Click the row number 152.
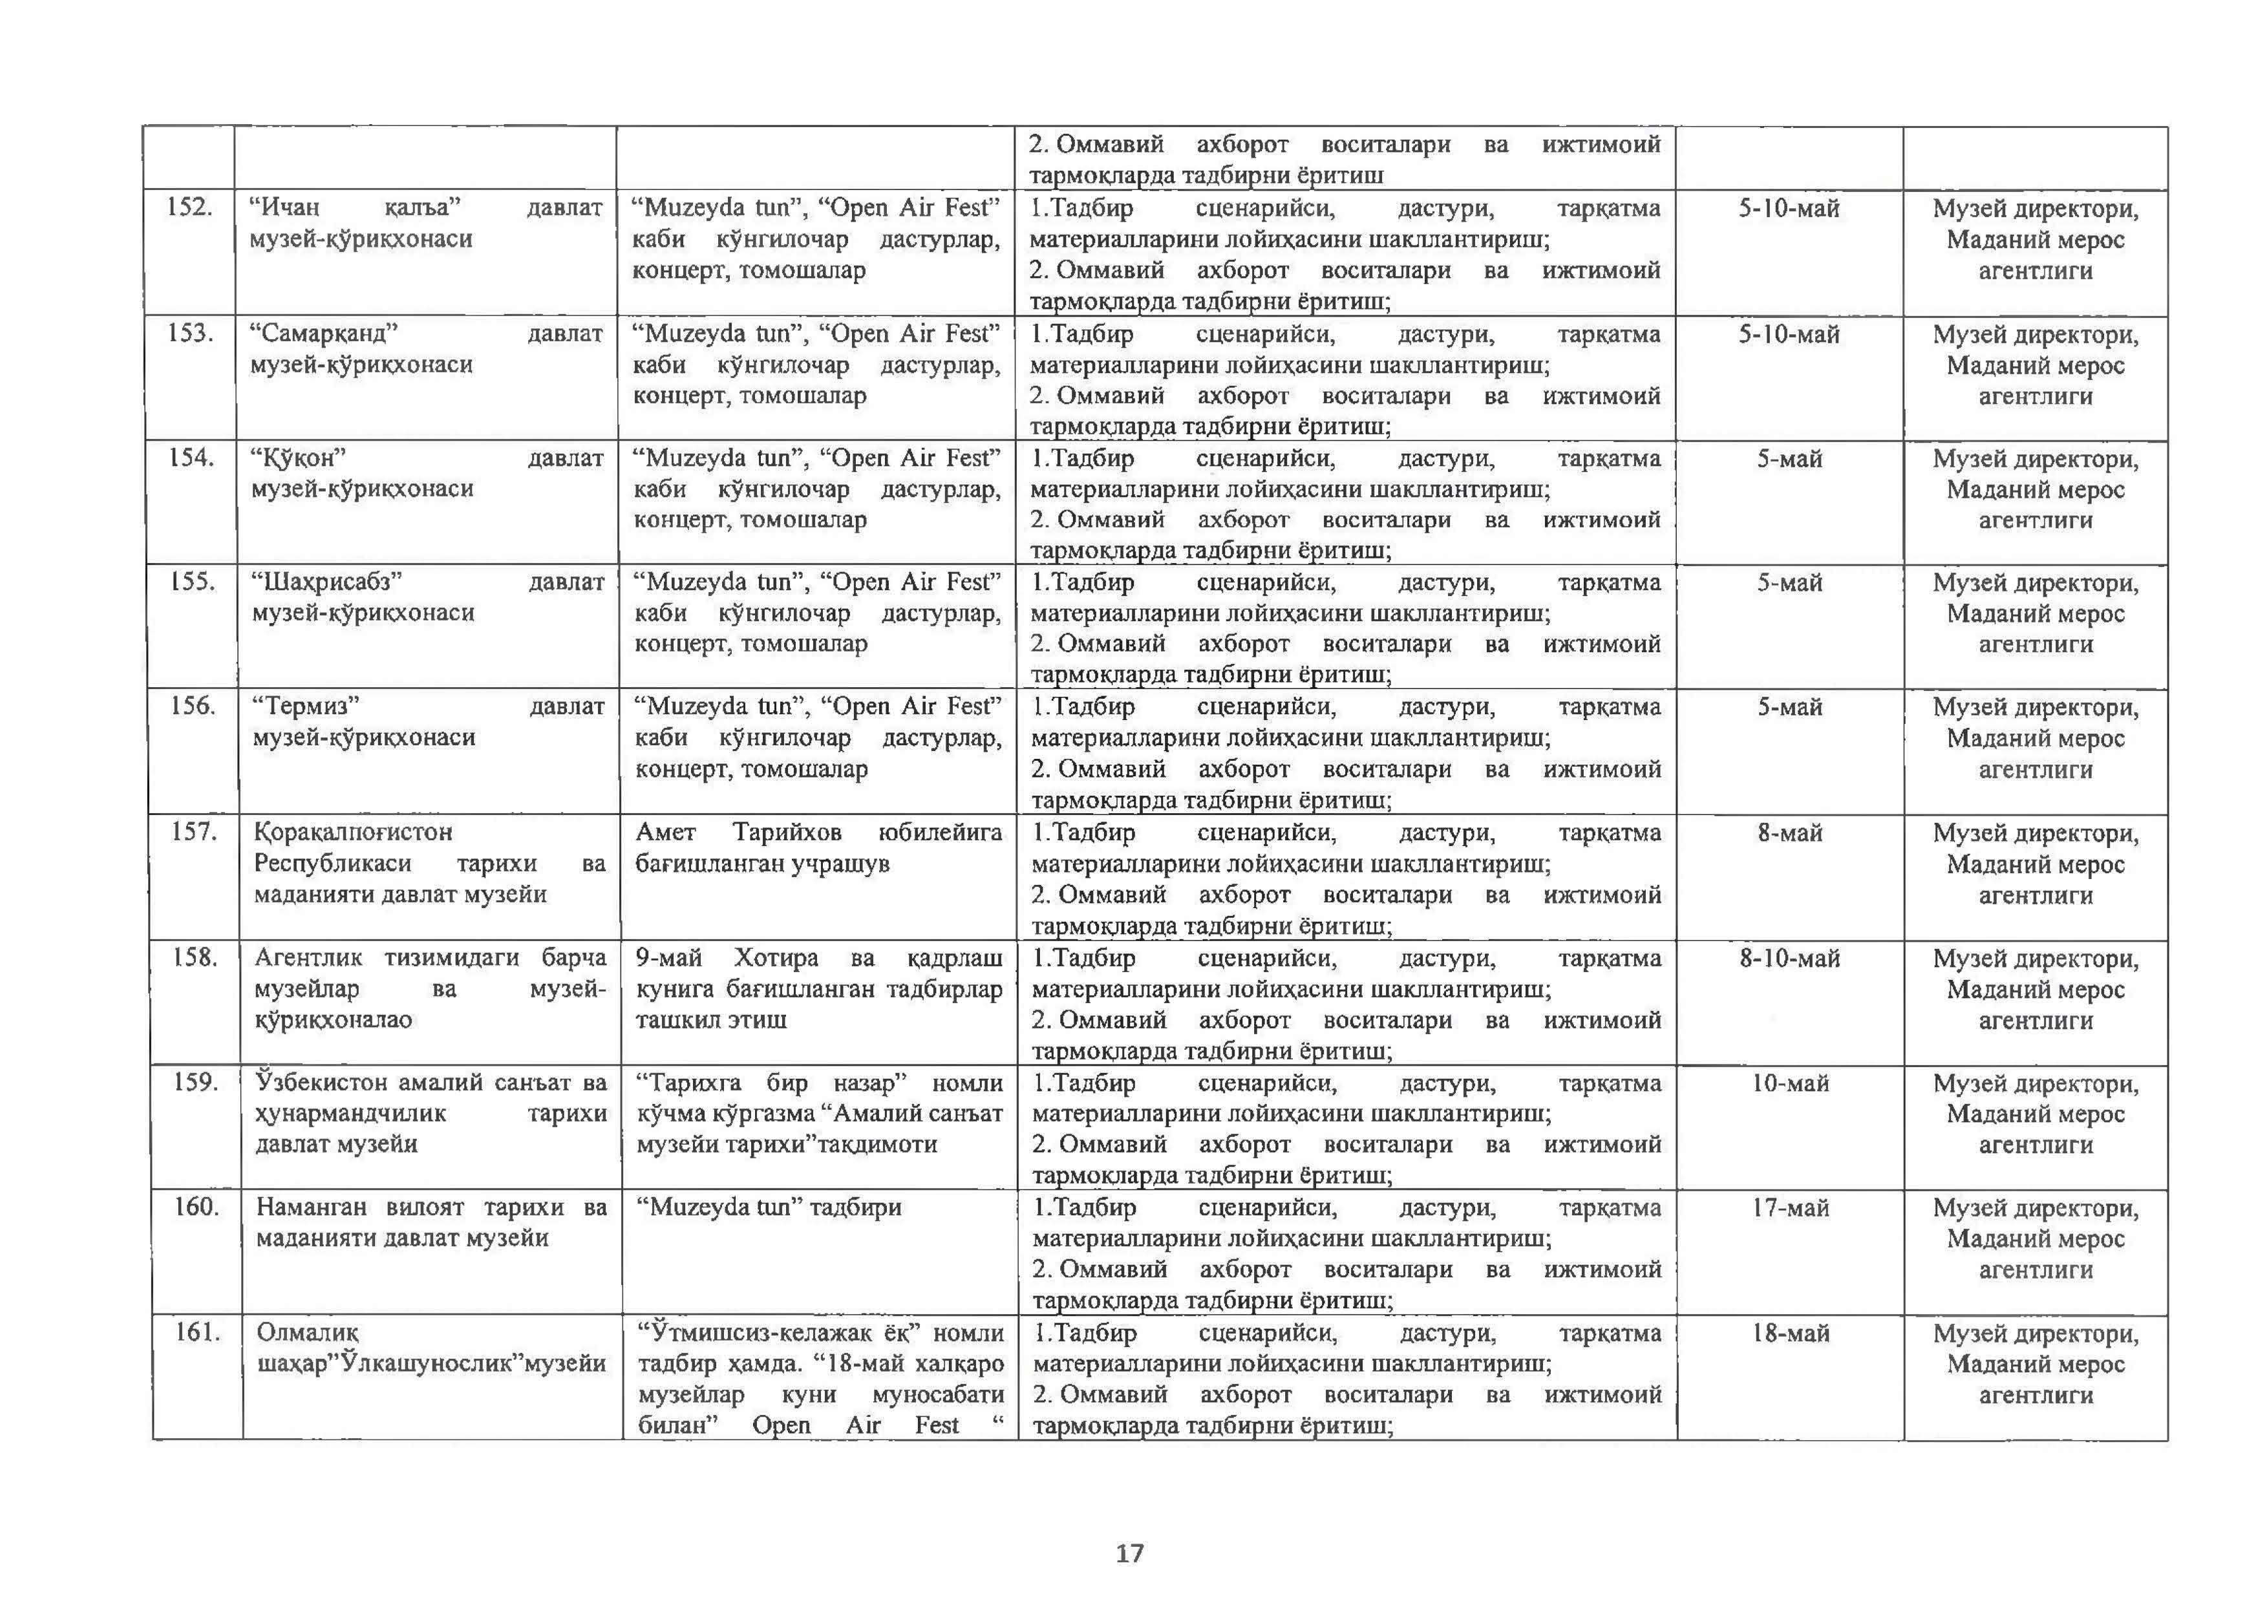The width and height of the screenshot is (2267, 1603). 189,207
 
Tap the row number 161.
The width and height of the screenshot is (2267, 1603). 197,1333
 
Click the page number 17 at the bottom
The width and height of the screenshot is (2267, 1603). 1129,1554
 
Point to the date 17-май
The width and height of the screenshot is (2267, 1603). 1790,1208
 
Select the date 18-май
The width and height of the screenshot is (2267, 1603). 1790,1333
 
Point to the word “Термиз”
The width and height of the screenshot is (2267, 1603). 306,706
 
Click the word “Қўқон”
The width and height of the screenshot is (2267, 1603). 298,458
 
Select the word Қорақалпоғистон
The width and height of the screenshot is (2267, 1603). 352,832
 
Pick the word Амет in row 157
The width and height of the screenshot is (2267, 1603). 665,832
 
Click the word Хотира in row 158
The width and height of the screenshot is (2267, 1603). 776,957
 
